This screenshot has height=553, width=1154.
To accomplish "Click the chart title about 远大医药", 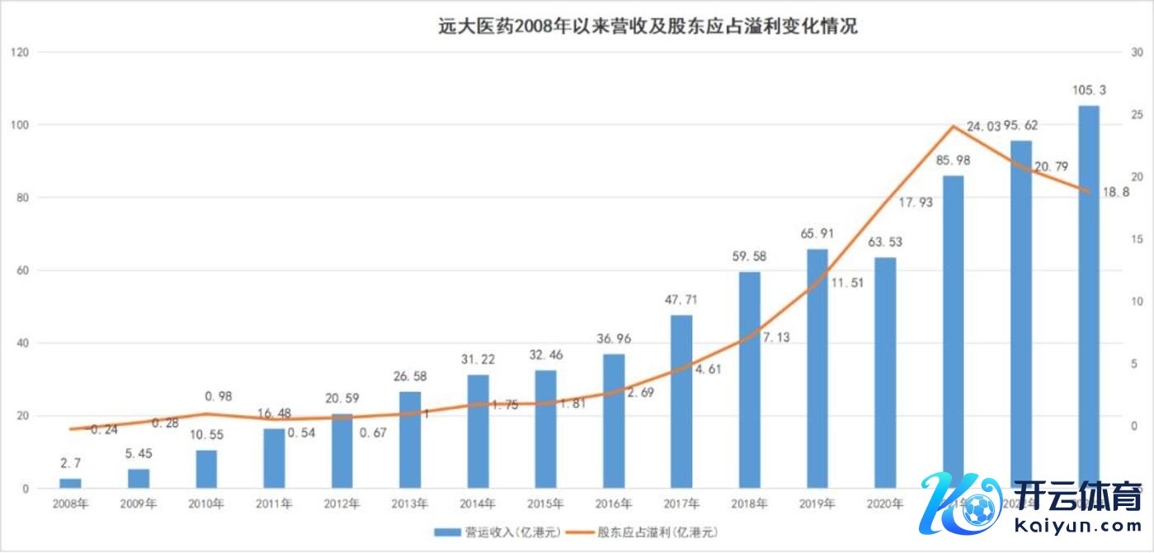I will pos(647,26).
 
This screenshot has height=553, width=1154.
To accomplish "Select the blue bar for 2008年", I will pos(71,483).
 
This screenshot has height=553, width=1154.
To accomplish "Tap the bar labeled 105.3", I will pos(1088,297).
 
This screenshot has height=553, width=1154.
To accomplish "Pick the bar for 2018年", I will pos(749,380).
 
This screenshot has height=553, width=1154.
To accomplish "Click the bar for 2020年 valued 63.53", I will pos(885,373).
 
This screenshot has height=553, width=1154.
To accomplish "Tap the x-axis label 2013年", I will pos(410,504).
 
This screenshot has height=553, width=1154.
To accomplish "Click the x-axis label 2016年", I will pos(614,504).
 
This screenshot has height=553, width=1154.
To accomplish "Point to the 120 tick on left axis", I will pos(19,53).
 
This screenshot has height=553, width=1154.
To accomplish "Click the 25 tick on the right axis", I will pos(1137,115).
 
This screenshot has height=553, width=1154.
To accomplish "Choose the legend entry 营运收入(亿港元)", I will pos(500,532).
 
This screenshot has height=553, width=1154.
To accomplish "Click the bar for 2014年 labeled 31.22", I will pos(478,431).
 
